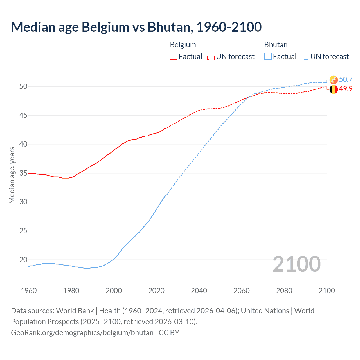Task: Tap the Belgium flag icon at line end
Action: tap(334, 89)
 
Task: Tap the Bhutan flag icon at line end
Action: tap(334, 80)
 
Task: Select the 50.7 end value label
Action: tap(346, 79)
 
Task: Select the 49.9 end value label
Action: tap(346, 89)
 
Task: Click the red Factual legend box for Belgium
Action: tap(174, 57)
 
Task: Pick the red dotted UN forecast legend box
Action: tap(211, 57)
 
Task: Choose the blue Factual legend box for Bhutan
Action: tap(268, 57)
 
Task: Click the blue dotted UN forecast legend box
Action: tap(305, 57)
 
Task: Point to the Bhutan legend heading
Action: tap(276, 45)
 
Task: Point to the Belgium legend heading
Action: tap(183, 45)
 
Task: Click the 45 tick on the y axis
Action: tap(23, 115)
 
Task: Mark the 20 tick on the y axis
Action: tap(23, 260)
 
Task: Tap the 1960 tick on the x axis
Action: tap(29, 291)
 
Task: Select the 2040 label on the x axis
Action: tap(199, 291)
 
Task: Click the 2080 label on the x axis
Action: tap(284, 291)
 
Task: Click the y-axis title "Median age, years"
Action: tap(12, 175)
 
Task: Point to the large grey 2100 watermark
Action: tap(296, 264)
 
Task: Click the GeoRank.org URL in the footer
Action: tap(82, 332)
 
